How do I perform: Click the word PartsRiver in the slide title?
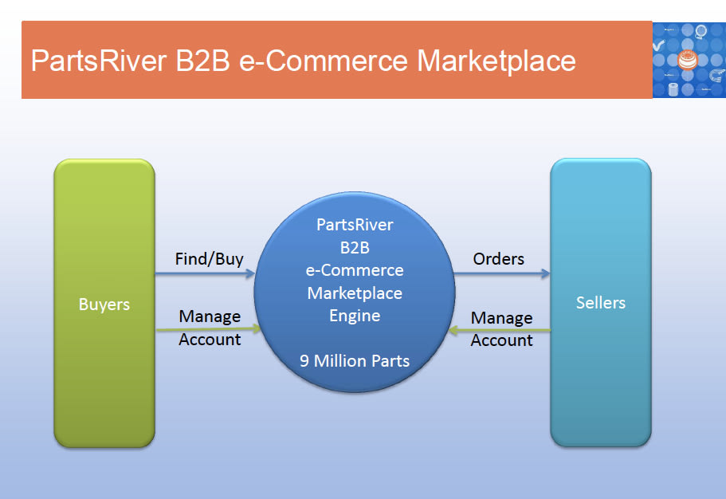tap(97, 61)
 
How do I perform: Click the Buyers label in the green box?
tap(104, 305)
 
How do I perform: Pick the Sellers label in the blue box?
tap(601, 303)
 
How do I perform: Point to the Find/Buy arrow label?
tap(209, 259)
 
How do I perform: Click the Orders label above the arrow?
tap(499, 259)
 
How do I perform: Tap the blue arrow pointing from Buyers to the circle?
tap(204, 274)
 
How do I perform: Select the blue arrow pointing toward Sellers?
tap(502, 274)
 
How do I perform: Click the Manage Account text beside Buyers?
tap(210, 328)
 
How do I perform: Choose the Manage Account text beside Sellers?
tap(502, 329)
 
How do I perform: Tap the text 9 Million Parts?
tap(355, 361)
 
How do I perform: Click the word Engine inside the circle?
tap(355, 316)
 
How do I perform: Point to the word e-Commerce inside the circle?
tap(355, 270)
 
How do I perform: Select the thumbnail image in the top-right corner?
tap(689, 61)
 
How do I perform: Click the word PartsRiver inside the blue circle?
tap(355, 225)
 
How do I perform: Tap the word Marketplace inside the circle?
tap(355, 293)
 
